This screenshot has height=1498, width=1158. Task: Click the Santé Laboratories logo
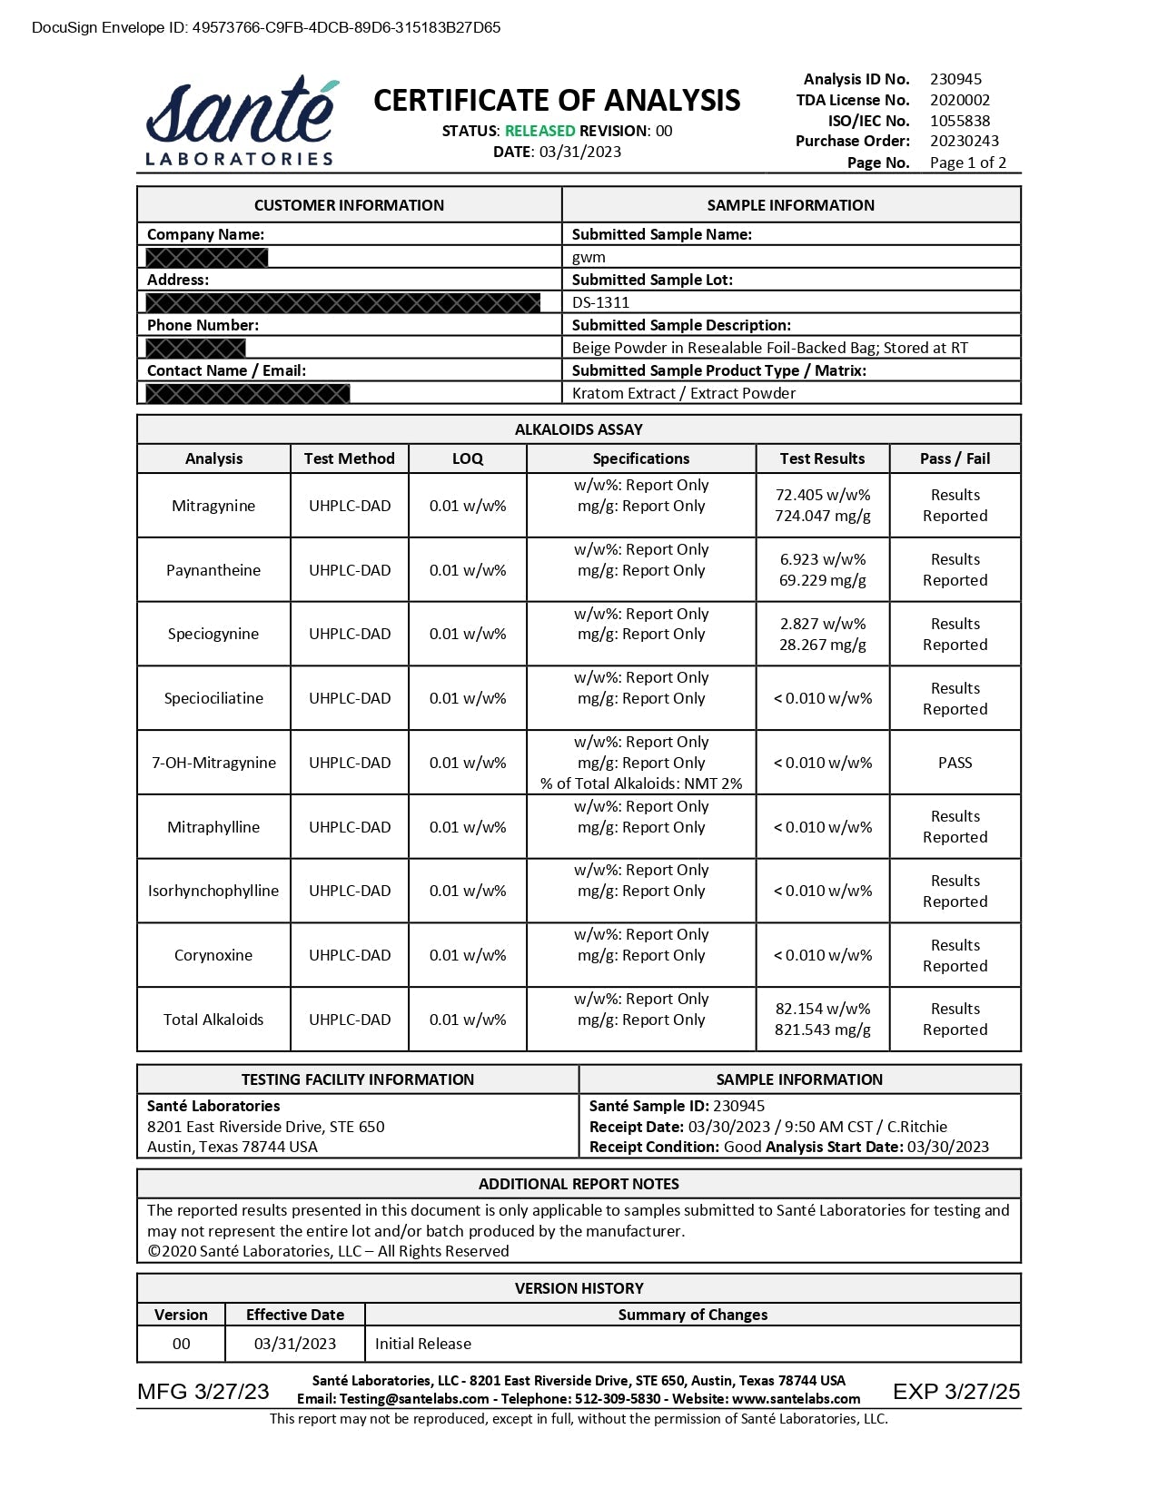(240, 123)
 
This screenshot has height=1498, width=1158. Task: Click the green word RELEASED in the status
(539, 131)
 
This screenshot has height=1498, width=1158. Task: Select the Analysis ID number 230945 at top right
(955, 79)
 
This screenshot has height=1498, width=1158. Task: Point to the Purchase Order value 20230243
(964, 141)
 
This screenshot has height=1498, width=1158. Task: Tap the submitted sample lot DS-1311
(600, 302)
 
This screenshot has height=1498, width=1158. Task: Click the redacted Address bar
(342, 302)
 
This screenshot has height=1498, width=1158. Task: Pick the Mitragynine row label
(213, 506)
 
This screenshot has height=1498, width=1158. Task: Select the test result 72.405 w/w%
(822, 495)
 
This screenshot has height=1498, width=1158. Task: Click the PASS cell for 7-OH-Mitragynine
(955, 763)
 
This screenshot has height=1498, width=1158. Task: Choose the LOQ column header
(468, 458)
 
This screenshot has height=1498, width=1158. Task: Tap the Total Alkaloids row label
(213, 1020)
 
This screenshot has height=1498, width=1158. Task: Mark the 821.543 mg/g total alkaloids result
(822, 1030)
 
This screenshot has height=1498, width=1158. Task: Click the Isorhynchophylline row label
(213, 891)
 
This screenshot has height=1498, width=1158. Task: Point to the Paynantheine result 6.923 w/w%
(822, 559)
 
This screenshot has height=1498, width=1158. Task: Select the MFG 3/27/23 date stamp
(203, 1392)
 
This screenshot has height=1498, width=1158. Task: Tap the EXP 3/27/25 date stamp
(955, 1392)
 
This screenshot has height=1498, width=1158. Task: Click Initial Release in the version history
(423, 1344)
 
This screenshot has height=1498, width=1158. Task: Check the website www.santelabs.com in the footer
(796, 1399)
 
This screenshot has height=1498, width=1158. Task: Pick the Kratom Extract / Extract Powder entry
(684, 393)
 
